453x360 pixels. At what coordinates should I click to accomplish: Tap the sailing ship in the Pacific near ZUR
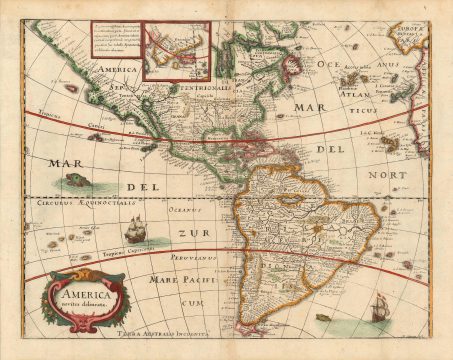click(x=136, y=231)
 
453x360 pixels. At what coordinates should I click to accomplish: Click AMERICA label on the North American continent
click(x=116, y=70)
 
